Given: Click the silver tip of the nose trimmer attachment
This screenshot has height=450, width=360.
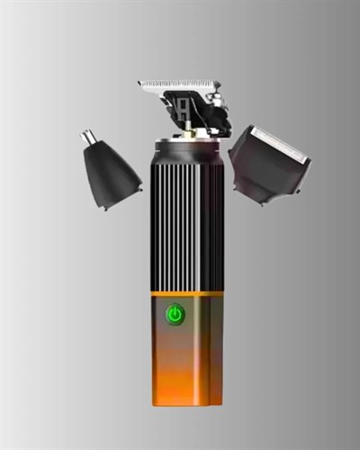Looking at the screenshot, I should tap(89, 138).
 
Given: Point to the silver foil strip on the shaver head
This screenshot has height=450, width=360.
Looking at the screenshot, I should tap(280, 139).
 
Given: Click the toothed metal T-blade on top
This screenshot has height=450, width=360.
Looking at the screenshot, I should tap(179, 87).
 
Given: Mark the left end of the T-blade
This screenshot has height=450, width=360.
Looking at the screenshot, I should tap(141, 85).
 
